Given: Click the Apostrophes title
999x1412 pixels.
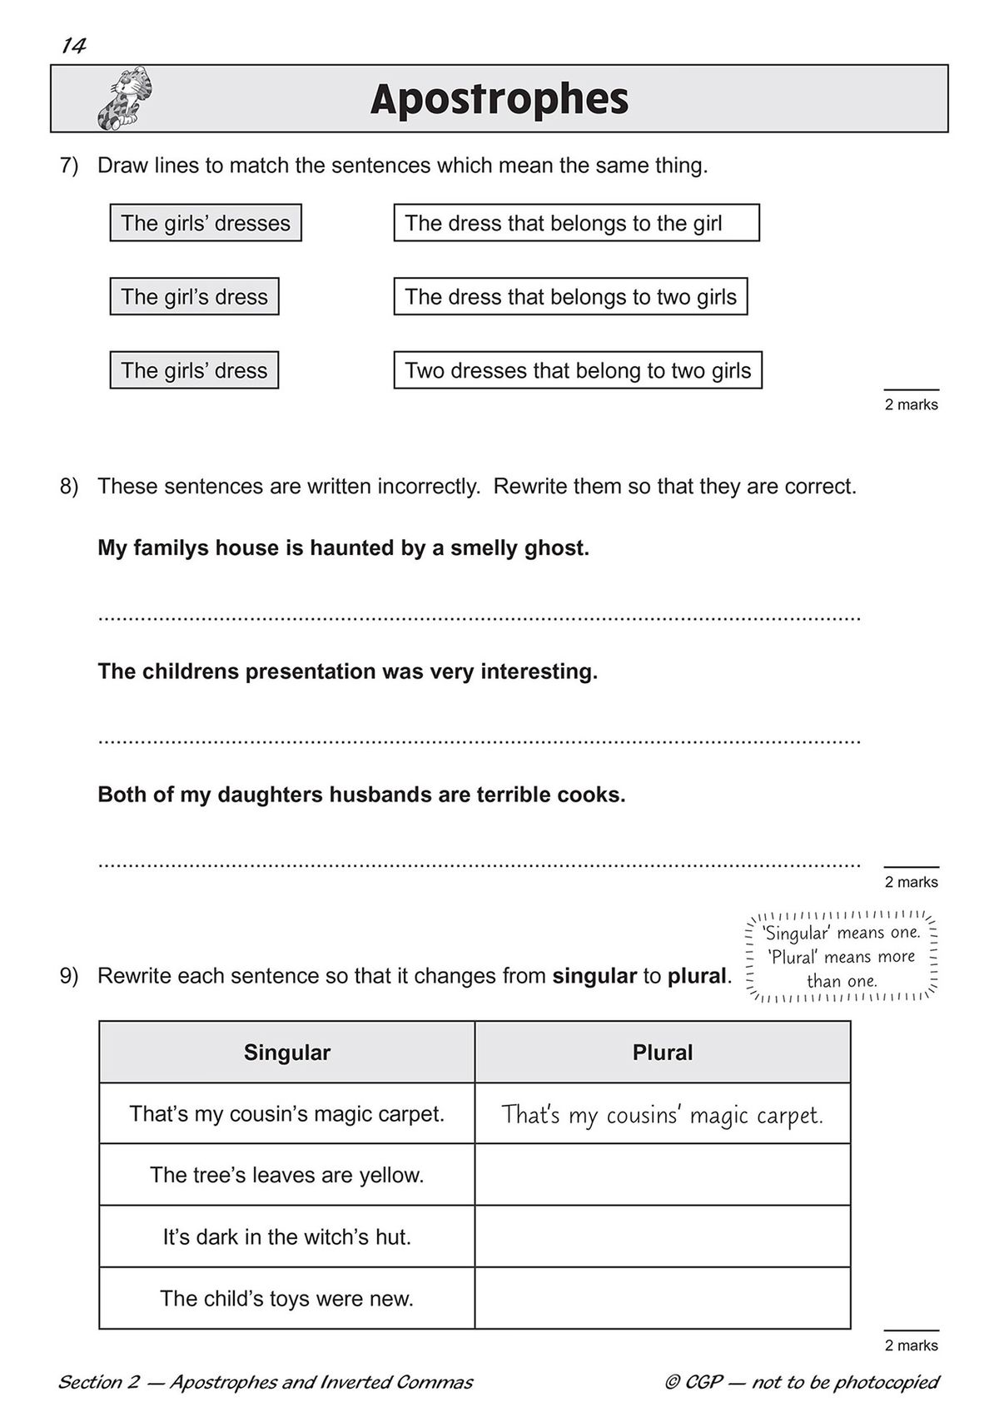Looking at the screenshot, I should pyautogui.click(x=499, y=99).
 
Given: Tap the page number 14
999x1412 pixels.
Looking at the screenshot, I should pyautogui.click(x=73, y=46).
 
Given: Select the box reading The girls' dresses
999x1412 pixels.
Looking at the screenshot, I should pyautogui.click(x=206, y=223).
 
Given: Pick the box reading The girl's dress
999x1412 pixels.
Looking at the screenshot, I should pyautogui.click(x=194, y=296).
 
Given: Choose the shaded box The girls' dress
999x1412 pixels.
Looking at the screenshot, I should pyautogui.click(x=194, y=370).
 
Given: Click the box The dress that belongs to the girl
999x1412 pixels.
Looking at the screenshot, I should pyautogui.click(x=576, y=223).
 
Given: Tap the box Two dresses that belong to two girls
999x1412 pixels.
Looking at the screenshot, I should pyautogui.click(x=578, y=370).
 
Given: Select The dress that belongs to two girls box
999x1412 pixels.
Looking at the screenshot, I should pyautogui.click(x=570, y=296).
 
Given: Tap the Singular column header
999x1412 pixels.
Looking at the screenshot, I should pyautogui.click(x=286, y=1053).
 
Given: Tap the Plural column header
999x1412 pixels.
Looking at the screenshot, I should pyautogui.click(x=663, y=1053).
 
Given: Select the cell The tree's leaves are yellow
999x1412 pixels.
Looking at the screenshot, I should pyautogui.click(x=286, y=1175).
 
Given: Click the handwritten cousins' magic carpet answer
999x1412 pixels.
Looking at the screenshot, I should pyautogui.click(x=663, y=1115).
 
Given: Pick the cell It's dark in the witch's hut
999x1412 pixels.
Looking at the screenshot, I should pyautogui.click(x=286, y=1236).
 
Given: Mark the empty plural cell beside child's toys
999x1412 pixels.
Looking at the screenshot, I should pyautogui.click(x=663, y=1298).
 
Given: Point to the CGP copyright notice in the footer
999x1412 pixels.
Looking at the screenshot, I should pyautogui.click(x=802, y=1382).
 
